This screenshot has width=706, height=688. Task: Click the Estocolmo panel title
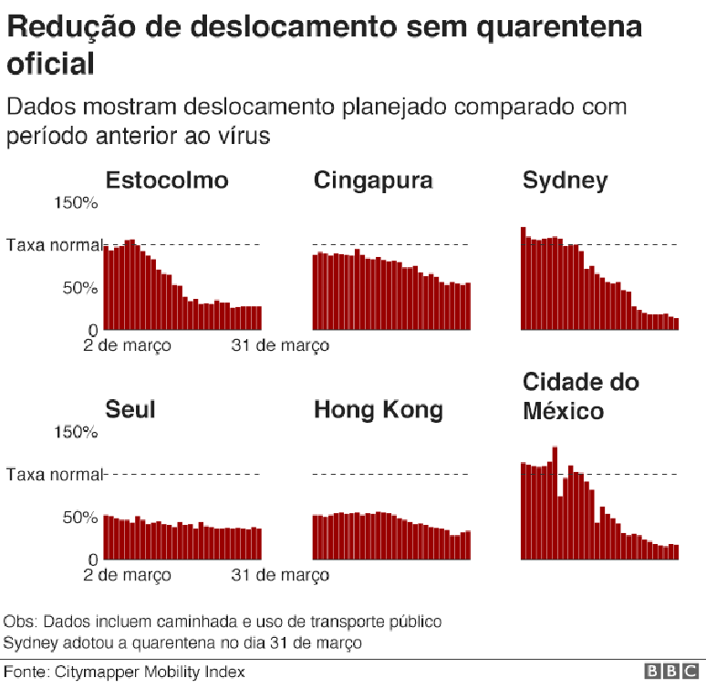[167, 180]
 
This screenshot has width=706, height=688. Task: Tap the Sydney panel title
[564, 180]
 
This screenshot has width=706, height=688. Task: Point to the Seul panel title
[130, 409]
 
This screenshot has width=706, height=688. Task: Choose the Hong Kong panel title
[378, 409]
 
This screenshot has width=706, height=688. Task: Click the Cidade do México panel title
[580, 396]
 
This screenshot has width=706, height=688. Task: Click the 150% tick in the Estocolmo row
[78, 202]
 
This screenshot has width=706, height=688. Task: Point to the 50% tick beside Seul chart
[81, 518]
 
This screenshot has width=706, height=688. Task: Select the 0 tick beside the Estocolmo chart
[94, 329]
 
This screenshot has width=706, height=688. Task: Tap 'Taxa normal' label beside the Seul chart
[55, 474]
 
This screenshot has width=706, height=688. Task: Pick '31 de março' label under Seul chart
[280, 575]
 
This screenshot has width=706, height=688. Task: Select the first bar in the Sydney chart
[524, 278]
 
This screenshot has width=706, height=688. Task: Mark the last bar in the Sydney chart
[676, 323]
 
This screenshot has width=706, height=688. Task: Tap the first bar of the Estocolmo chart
[107, 287]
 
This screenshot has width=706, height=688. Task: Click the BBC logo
[673, 672]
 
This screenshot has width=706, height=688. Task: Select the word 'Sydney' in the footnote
[28, 642]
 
